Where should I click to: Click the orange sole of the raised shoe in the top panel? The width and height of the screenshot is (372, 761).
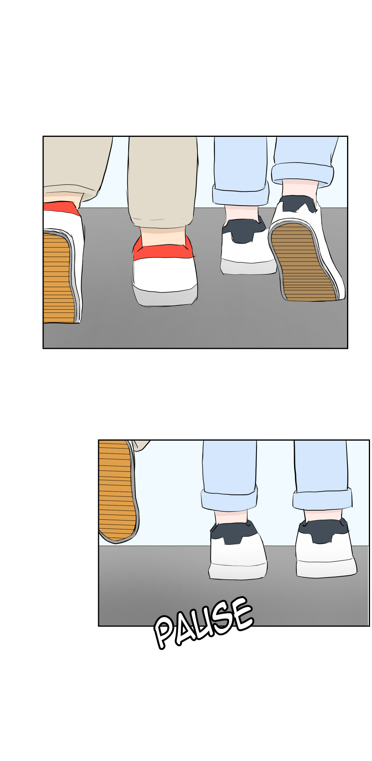57,277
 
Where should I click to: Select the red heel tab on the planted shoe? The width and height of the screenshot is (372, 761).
163,249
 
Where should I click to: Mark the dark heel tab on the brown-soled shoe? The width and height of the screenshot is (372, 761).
299,205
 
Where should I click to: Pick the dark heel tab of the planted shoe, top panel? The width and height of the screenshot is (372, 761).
244,229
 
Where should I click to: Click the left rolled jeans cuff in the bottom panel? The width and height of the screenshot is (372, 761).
229,500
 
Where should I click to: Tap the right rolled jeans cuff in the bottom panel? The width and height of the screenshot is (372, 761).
323,499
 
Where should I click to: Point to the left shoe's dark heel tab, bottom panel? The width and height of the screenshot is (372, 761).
233,532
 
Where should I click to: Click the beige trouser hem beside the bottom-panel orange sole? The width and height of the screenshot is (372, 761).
140,445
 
